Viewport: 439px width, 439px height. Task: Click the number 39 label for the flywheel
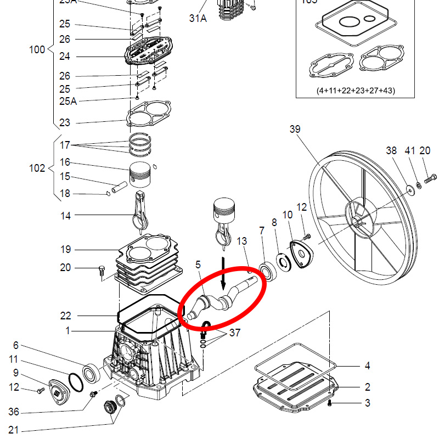point(295,129)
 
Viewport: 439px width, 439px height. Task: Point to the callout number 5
point(198,265)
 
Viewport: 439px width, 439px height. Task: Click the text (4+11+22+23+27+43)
point(356,91)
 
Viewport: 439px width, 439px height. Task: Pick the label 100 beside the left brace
point(37,50)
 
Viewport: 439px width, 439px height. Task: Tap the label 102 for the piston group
point(37,168)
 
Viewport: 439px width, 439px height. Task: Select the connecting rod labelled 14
point(140,211)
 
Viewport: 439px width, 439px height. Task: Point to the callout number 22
point(65,316)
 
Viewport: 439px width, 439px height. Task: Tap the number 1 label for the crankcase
point(68,331)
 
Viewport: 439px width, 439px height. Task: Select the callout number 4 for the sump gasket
point(367,365)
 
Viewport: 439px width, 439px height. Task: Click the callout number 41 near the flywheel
point(410,150)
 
